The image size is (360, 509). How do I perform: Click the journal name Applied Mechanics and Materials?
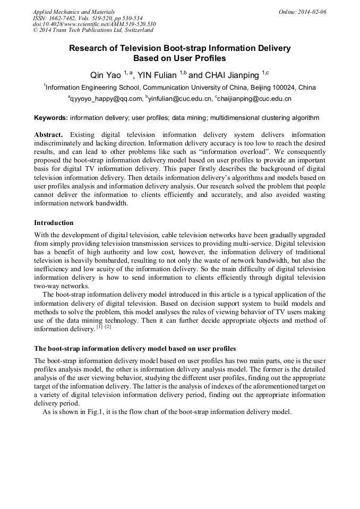point(73,11)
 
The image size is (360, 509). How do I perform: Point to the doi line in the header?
point(94,24)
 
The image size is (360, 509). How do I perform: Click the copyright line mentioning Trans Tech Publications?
point(93,30)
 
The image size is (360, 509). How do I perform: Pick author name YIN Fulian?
point(157,74)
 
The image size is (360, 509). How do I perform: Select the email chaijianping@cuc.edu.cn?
point(254,99)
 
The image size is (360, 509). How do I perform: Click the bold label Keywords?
point(51,118)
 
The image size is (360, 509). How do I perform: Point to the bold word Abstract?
point(48,135)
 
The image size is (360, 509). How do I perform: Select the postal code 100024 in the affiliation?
point(284,88)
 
